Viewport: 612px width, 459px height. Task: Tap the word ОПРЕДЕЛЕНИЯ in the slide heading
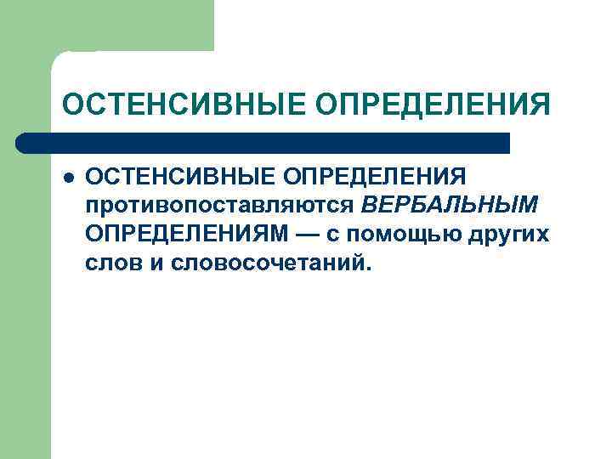point(433,105)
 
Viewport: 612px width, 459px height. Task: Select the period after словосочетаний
point(368,268)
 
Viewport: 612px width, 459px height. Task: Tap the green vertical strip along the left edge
point(25,297)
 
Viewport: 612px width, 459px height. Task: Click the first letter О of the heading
point(73,105)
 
